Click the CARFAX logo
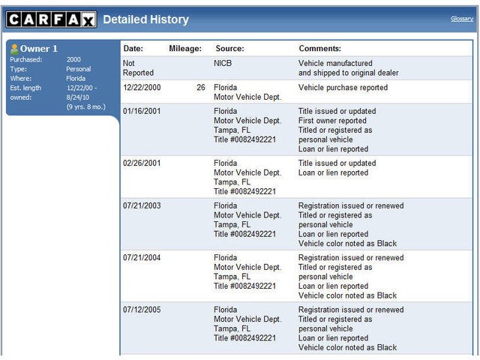pyautogui.click(x=51, y=19)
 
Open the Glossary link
pyautogui.click(x=461, y=19)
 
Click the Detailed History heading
pyautogui.click(x=145, y=19)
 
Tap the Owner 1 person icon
pyautogui.click(x=13, y=49)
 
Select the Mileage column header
pyautogui.click(x=185, y=49)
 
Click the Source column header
pyautogui.click(x=229, y=49)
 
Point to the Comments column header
pyautogui.click(x=319, y=49)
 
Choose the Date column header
pyautogui.click(x=133, y=49)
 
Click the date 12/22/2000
pyautogui.click(x=142, y=88)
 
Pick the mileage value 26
pyautogui.click(x=200, y=88)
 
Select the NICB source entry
pyautogui.click(x=223, y=64)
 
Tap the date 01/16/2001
pyautogui.click(x=142, y=111)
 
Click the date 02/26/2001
pyautogui.click(x=142, y=163)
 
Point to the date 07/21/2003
pyautogui.click(x=142, y=205)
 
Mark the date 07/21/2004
pyautogui.click(x=142, y=258)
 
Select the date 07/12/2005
pyautogui.click(x=142, y=310)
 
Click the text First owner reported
pyautogui.click(x=332, y=121)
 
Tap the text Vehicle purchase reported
pyautogui.click(x=343, y=88)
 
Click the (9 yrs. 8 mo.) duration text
pyautogui.click(x=85, y=106)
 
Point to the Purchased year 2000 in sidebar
pyautogui.click(x=73, y=59)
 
